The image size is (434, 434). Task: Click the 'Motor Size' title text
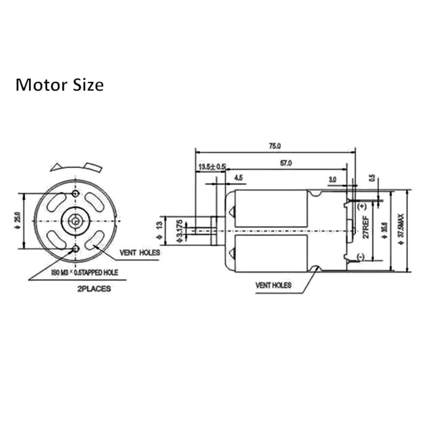point(59,85)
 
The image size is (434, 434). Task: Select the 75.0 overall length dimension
point(275,145)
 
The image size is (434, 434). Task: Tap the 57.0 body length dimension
point(286,163)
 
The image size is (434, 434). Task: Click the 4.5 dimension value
point(239,177)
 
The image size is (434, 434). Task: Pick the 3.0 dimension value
point(333,178)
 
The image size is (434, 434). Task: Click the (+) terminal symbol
point(362,206)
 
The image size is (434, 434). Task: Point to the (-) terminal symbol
point(361,256)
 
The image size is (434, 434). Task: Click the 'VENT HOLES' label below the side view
point(273,285)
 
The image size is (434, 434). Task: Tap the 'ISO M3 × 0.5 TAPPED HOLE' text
point(84,272)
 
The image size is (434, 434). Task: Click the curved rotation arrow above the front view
point(76,166)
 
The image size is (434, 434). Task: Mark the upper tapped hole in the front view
point(75,193)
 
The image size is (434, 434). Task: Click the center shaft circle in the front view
point(75,221)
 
